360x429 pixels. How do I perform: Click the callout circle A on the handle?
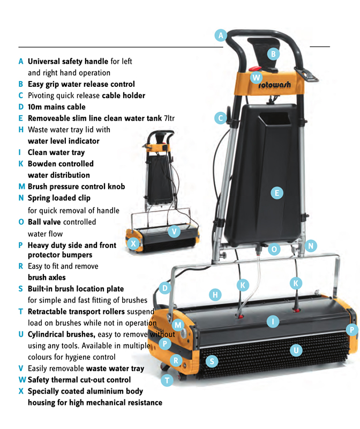[221, 35]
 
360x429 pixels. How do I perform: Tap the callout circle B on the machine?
[273, 54]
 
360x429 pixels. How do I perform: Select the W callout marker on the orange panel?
[257, 77]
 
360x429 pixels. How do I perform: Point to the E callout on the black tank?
[276, 193]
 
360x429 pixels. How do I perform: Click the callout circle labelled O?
[274, 249]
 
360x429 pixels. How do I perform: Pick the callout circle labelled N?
[311, 246]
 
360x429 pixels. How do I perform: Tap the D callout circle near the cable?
[166, 289]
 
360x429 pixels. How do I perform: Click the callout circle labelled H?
[215, 294]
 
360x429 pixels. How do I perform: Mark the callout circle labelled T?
[168, 380]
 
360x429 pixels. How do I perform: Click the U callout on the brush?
[295, 350]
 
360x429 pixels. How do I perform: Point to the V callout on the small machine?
[174, 232]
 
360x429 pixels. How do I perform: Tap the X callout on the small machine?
[133, 244]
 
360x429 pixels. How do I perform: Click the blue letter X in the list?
[21, 391]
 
